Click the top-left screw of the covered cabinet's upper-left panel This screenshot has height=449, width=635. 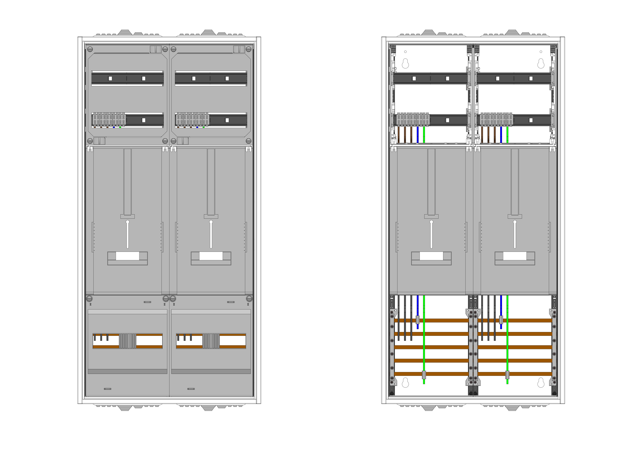click(x=90, y=49)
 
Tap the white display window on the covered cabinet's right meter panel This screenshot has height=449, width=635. click(x=211, y=256)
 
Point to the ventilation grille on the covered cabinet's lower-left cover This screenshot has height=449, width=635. click(x=127, y=341)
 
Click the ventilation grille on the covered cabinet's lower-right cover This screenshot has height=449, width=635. click(x=211, y=341)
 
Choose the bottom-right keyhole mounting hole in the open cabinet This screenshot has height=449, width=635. click(x=541, y=383)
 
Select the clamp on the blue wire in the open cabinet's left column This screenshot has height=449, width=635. click(x=418, y=320)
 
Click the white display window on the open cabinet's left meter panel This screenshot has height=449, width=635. click(x=431, y=256)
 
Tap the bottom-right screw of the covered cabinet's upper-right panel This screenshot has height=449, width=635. click(x=248, y=141)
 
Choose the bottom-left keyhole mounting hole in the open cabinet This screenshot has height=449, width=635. click(x=405, y=383)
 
